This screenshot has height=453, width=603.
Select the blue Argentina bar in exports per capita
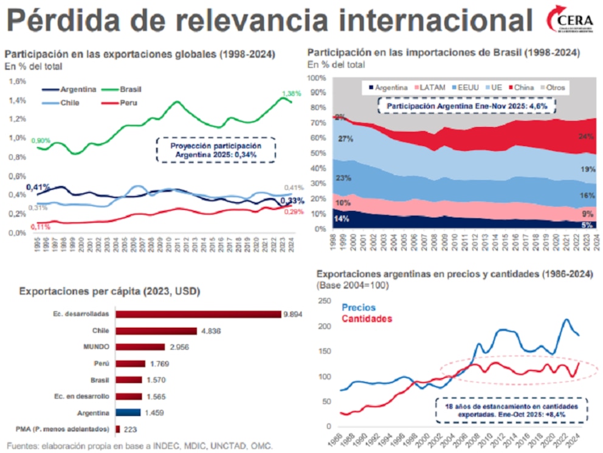click(x=128, y=412)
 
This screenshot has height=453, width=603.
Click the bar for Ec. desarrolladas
click(x=198, y=314)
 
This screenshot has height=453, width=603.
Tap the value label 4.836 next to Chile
click(x=209, y=331)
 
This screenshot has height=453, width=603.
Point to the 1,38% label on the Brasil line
click(x=291, y=94)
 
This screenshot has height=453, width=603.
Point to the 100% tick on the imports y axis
click(x=317, y=78)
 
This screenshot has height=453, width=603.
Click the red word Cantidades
click(x=367, y=319)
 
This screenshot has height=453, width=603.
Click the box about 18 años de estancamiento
click(x=511, y=410)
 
